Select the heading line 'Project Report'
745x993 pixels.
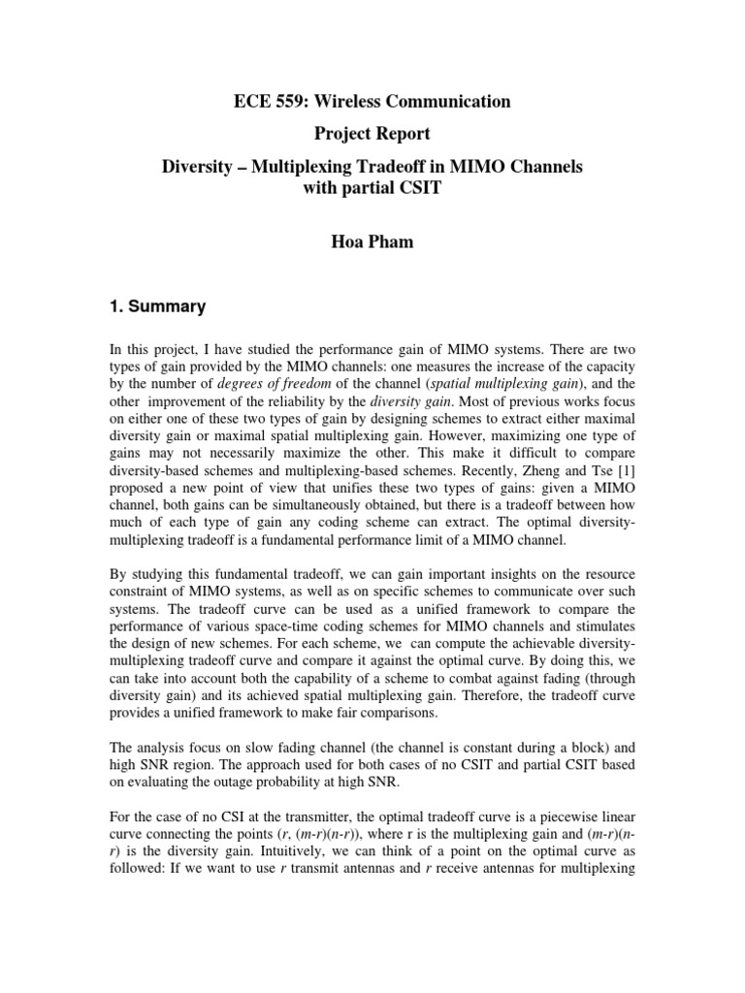372,134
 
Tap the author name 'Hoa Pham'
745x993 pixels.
372,242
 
